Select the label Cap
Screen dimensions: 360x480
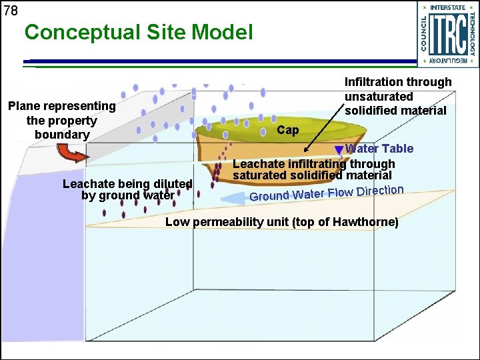click(x=287, y=130)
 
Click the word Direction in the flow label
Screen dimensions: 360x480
click(x=380, y=191)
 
